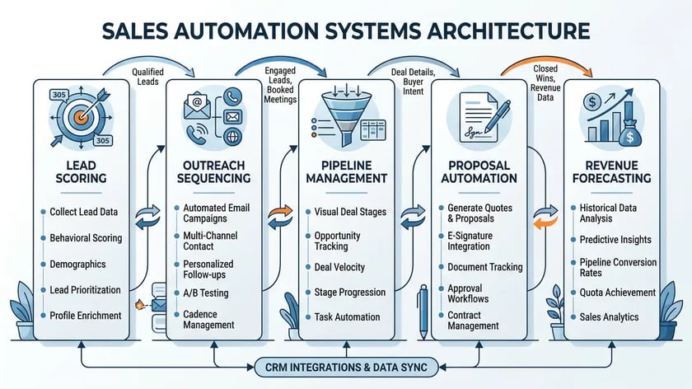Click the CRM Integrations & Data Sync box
click(346, 366)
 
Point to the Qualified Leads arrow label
click(147, 77)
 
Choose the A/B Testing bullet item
click(206, 293)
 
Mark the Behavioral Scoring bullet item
click(86, 238)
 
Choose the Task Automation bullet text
click(347, 317)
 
